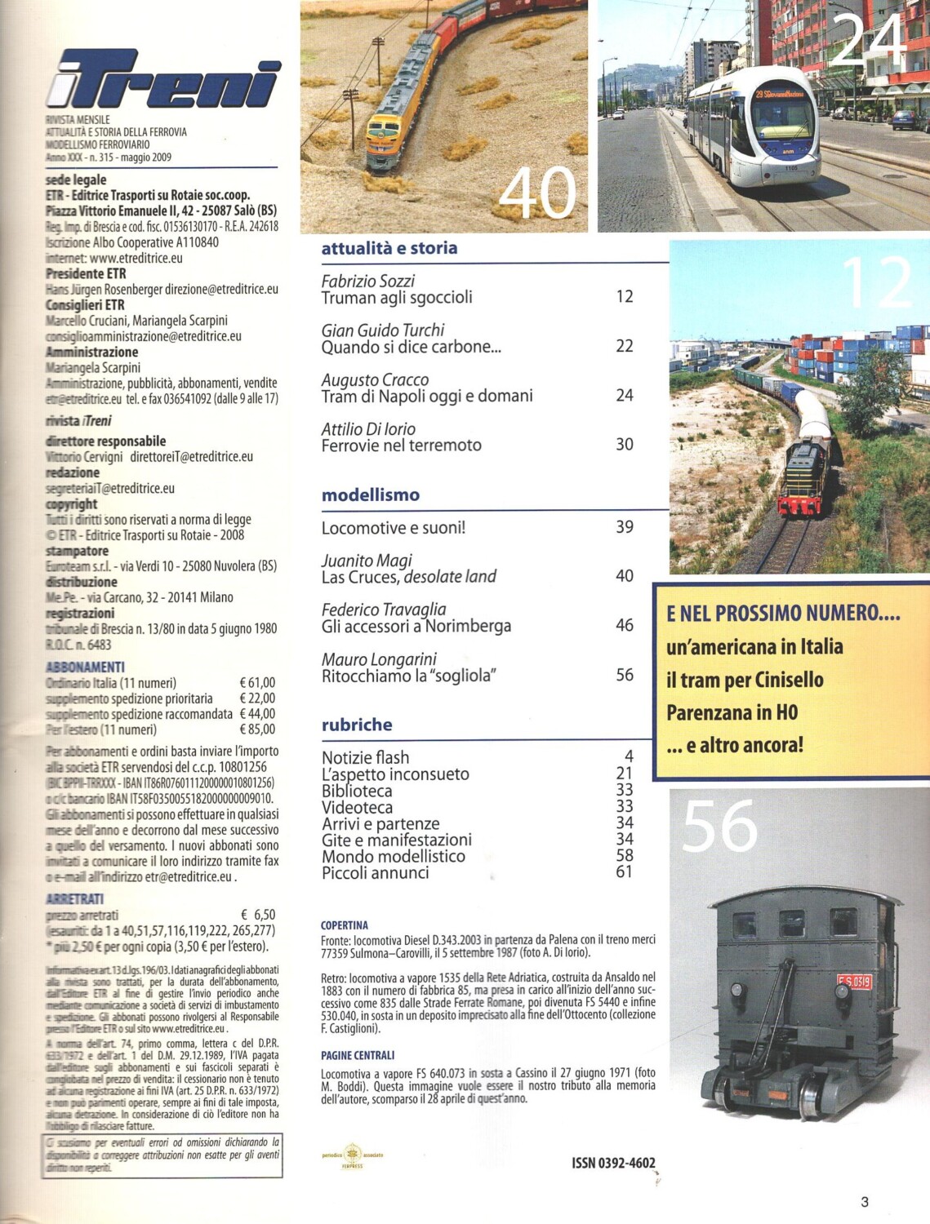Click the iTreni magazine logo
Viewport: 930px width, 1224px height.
pos(163,80)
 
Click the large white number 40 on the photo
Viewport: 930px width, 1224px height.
pos(537,194)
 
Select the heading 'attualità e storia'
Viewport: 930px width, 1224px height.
pos(389,248)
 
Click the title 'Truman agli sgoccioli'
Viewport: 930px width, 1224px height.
pos(397,298)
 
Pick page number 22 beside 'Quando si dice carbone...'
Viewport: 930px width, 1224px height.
pos(624,346)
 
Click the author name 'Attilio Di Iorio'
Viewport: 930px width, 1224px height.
pos(368,428)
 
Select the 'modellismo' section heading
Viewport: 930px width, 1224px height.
pos(370,494)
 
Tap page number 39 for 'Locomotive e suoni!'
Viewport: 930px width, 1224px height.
pos(624,527)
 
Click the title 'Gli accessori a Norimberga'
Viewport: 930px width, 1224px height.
pos(416,626)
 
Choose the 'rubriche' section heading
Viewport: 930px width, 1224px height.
pos(357,725)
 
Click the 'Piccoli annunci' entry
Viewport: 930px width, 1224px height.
pos(375,872)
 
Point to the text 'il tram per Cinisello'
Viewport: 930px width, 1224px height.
pos(744,680)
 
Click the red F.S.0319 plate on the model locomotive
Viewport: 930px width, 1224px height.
pos(854,982)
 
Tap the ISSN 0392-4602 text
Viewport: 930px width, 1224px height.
pos(613,1163)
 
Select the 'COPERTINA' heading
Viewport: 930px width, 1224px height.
pos(344,925)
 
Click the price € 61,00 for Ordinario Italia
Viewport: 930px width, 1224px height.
pos(257,683)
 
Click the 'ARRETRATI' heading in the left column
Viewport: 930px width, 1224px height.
pos(74,898)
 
